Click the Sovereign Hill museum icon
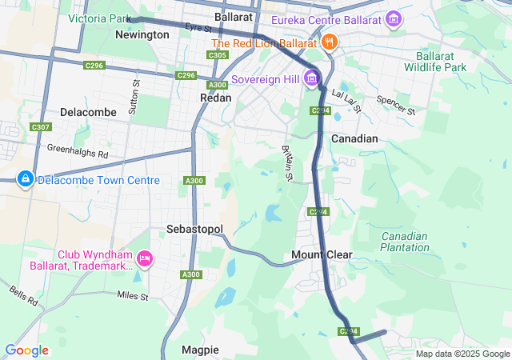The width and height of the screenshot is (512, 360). (x=312, y=79)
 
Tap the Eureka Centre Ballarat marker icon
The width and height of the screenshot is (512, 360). (x=394, y=18)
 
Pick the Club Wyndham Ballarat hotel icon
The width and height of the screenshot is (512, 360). (x=145, y=258)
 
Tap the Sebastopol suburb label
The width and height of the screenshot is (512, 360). (x=194, y=229)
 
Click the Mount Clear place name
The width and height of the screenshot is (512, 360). (x=322, y=255)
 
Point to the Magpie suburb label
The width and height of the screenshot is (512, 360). (x=200, y=350)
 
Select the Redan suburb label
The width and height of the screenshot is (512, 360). (x=215, y=98)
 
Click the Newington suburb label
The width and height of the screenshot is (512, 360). (x=142, y=34)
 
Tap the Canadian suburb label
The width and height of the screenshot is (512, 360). (x=354, y=138)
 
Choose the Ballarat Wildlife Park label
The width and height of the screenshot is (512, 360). (x=442, y=62)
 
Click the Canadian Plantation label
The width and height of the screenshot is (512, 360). (x=404, y=242)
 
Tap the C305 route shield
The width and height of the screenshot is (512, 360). (x=217, y=55)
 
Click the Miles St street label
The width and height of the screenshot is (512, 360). (x=133, y=297)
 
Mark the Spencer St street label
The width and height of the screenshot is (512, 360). (x=401, y=105)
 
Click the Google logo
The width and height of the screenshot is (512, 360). (x=26, y=350)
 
